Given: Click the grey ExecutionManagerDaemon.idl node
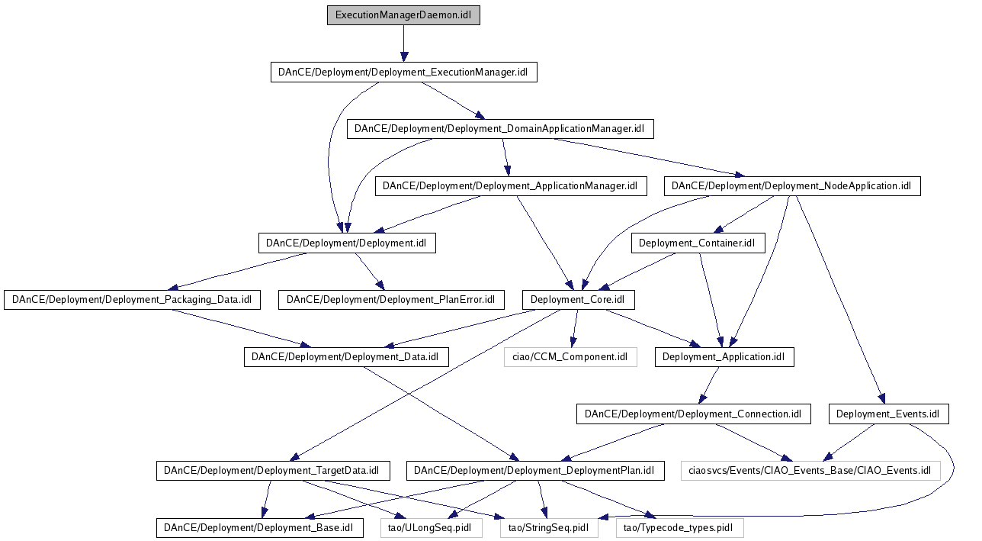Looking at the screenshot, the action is click(403, 15).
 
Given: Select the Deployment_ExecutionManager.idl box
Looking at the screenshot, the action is click(403, 72).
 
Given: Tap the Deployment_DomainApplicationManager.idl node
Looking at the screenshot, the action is click(500, 128).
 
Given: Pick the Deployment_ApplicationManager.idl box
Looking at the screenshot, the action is click(510, 186).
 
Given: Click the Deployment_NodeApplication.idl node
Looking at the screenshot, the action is click(791, 186).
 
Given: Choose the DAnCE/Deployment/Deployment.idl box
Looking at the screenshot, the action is click(346, 243).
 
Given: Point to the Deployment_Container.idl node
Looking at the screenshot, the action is click(698, 243).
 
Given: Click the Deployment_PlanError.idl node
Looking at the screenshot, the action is click(391, 300).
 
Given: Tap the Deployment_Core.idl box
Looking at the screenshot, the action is click(579, 300).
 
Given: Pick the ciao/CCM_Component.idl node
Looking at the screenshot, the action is click(570, 356).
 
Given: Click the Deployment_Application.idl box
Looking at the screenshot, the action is click(724, 356).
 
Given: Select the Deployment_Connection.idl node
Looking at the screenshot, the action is click(693, 414).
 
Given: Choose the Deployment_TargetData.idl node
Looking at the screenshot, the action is click(273, 471).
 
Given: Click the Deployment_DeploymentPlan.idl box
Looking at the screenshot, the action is click(534, 471).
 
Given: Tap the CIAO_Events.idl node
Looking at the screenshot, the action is click(810, 471).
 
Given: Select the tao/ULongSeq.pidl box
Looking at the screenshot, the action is click(432, 527).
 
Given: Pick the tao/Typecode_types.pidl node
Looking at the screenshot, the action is click(679, 527).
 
